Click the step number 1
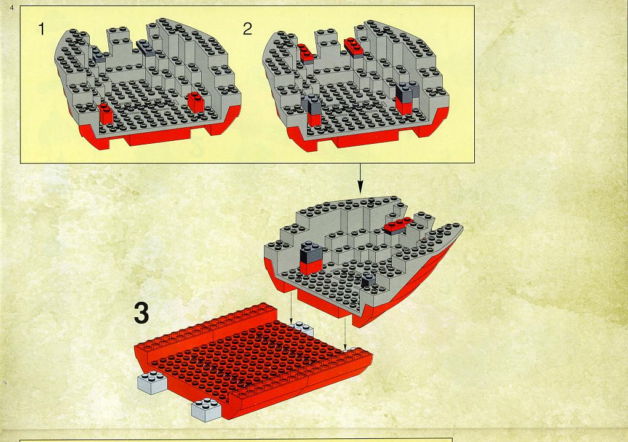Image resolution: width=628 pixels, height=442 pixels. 41,30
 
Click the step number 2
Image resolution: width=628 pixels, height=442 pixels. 247,29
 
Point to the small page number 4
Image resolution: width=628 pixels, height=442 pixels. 12,7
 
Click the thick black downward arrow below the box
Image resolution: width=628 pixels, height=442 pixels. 360,179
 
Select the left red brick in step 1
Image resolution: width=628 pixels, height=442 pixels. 106,113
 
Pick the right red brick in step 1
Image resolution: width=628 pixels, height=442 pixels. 196,101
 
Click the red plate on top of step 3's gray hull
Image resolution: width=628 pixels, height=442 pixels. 398,225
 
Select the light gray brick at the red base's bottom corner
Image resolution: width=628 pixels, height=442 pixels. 206,409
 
